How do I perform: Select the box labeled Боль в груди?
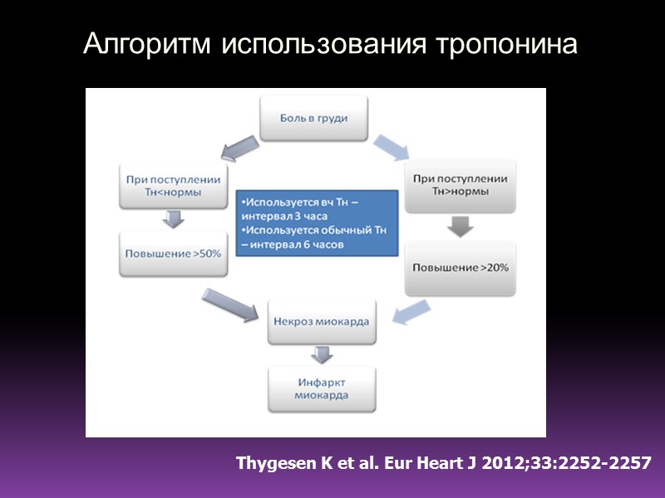(x=313, y=118)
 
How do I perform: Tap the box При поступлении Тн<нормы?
(x=173, y=187)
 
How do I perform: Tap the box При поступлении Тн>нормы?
(x=459, y=185)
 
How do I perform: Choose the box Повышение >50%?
(x=173, y=253)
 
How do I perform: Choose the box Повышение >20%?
(x=459, y=268)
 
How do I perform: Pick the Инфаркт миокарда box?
(x=321, y=388)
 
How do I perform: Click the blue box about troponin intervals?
(x=316, y=222)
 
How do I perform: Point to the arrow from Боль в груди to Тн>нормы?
(x=391, y=146)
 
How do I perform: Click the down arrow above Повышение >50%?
(x=173, y=219)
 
